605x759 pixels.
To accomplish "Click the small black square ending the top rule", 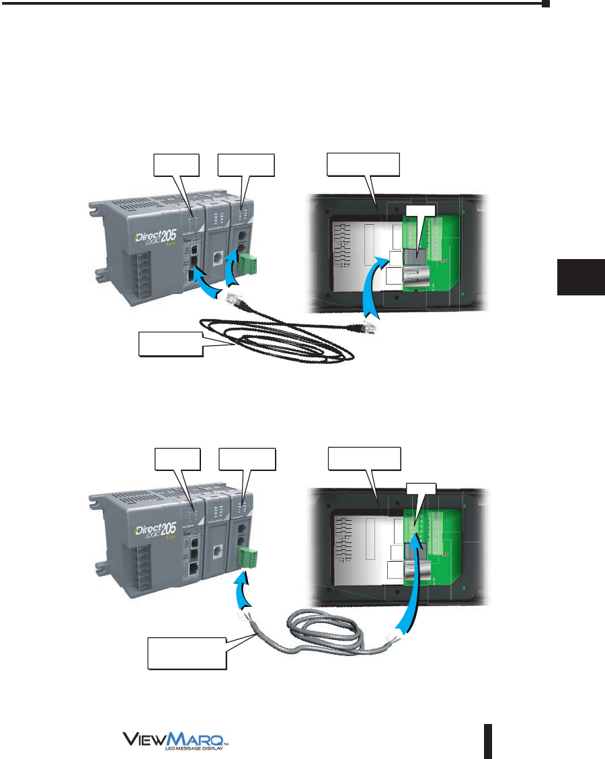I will coord(546,3).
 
